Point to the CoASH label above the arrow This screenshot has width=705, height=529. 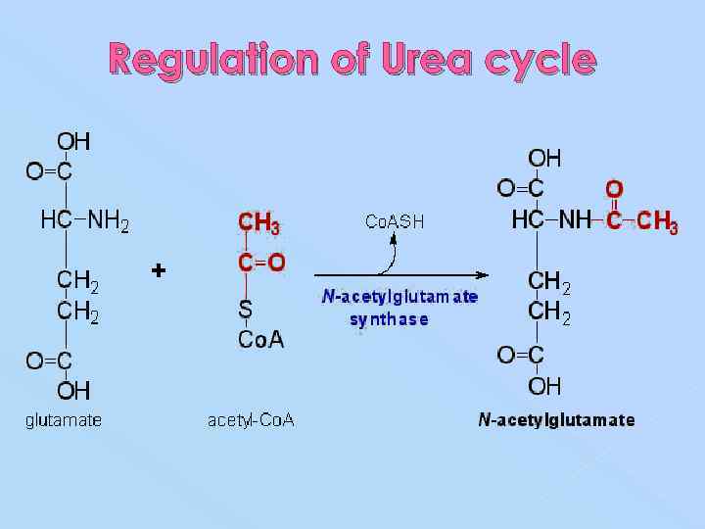(x=395, y=221)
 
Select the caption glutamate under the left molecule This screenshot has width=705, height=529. (x=63, y=420)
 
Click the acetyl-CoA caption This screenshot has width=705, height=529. (x=251, y=420)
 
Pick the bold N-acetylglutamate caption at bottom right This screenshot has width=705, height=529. (x=556, y=420)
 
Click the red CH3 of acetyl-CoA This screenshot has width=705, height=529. (x=259, y=223)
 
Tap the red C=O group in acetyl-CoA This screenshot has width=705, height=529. (x=261, y=262)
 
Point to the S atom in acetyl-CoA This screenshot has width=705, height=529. (x=246, y=309)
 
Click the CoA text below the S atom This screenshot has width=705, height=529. (x=261, y=339)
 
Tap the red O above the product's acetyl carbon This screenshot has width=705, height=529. (x=614, y=188)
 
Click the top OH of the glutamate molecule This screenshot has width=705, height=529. (x=73, y=142)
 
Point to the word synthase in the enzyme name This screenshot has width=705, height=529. (x=389, y=319)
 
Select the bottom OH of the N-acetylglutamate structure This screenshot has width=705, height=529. (x=545, y=385)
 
